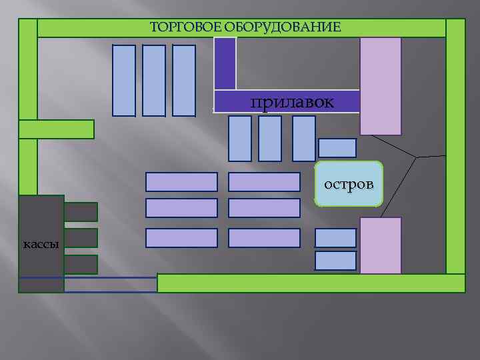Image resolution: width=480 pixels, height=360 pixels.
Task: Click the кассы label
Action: [41, 243]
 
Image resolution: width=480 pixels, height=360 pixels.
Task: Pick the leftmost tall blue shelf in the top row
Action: [124, 80]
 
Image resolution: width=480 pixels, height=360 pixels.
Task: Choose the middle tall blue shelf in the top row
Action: [154, 80]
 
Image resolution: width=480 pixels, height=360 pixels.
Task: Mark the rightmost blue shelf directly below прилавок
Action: [304, 139]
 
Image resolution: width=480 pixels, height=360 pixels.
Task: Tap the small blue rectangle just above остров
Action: [337, 147]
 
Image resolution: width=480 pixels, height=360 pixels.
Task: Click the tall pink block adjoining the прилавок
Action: [381, 85]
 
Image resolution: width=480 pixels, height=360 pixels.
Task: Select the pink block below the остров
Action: [381, 245]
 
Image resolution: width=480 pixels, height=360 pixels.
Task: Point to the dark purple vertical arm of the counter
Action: [225, 63]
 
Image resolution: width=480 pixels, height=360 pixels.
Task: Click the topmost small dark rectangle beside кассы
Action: [81, 212]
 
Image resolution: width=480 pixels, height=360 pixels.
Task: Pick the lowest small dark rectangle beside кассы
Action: [81, 265]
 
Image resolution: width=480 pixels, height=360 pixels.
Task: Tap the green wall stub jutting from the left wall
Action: [57, 129]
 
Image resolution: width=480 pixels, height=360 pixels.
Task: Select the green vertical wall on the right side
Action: [455, 147]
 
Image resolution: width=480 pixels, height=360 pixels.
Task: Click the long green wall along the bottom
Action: [311, 283]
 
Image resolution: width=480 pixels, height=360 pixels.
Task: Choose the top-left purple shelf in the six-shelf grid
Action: [181, 182]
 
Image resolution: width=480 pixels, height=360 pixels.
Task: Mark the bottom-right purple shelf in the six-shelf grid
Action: [264, 238]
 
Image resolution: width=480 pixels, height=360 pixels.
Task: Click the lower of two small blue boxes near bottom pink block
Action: [335, 261]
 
